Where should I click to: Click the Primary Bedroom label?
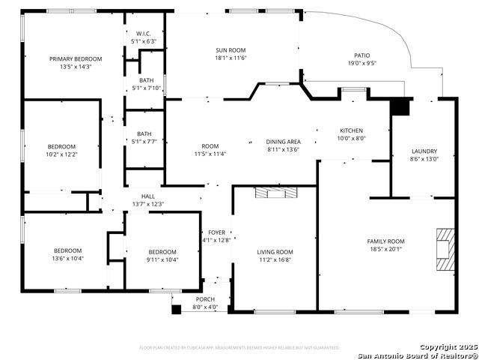(x=76, y=58)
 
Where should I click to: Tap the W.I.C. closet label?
(x=144, y=34)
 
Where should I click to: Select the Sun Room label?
(x=231, y=49)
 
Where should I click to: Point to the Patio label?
(x=361, y=55)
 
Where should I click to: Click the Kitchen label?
(x=351, y=130)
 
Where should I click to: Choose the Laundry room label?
(x=424, y=151)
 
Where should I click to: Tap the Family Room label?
(x=385, y=241)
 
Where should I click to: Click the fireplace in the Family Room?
(x=444, y=248)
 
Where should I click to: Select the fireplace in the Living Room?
(x=275, y=193)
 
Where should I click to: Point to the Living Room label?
(x=275, y=252)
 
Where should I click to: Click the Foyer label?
(x=216, y=232)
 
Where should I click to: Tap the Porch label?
(x=205, y=299)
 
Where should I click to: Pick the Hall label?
(x=147, y=196)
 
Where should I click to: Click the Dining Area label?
(x=283, y=141)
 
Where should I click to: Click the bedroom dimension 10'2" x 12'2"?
(x=62, y=154)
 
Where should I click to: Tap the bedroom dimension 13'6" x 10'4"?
(x=67, y=258)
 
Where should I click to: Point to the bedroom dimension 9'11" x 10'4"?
(x=162, y=259)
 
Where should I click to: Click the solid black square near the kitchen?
(x=401, y=107)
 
